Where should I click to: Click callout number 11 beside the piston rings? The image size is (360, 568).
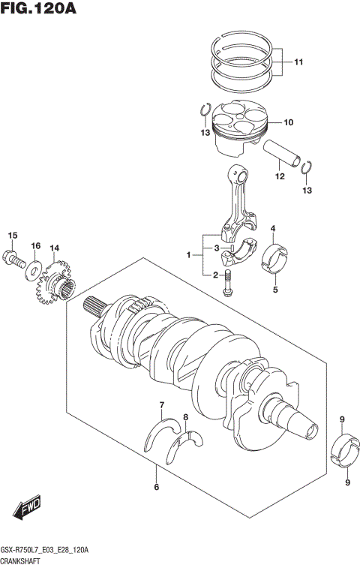298,62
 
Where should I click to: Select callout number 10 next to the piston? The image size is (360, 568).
288,122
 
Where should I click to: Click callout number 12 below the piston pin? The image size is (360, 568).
279,177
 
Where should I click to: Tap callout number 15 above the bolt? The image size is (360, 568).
11,236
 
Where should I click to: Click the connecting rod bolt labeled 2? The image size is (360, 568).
228,286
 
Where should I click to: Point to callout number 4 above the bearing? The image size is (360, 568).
274,228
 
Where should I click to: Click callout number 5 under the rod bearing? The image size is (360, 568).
274,289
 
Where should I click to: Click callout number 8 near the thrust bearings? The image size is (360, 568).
185,416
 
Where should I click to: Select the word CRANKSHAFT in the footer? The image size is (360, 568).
25,561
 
